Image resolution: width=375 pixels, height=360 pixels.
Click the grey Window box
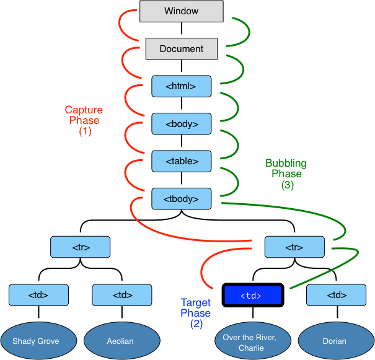181,11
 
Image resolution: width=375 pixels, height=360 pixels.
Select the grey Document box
181,49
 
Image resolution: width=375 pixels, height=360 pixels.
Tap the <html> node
181,86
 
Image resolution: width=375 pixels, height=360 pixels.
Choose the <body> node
181,124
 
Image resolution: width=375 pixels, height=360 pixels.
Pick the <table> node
181,161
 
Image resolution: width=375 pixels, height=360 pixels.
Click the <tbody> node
181,199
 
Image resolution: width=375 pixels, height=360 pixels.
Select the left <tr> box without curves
80,247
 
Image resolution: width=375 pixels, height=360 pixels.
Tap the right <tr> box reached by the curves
294,247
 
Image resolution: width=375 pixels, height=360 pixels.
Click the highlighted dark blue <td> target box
252,296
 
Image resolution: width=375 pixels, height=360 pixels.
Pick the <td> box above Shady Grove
38,296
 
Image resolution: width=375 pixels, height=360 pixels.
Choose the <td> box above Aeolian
121,296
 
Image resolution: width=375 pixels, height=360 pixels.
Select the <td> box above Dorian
336,296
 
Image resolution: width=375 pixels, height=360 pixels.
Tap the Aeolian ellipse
121,341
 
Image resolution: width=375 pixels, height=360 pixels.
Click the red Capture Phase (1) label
84,121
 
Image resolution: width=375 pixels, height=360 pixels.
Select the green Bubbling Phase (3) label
286,174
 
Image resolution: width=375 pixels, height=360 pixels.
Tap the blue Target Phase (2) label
195,313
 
